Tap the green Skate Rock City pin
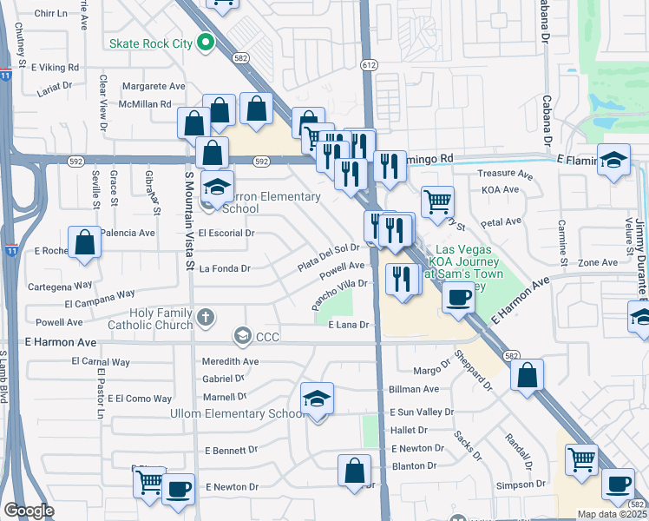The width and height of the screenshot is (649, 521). [x=205, y=42]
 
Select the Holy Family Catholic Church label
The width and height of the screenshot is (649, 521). [x=161, y=319]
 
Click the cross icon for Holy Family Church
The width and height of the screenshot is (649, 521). [x=205, y=317]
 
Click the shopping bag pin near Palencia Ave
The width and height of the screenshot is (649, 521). [x=85, y=242]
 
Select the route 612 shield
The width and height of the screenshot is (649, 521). [x=370, y=65]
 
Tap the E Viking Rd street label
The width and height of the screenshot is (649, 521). [x=55, y=67]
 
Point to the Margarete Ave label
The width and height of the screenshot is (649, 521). [x=154, y=86]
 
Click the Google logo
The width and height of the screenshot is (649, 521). [x=29, y=510]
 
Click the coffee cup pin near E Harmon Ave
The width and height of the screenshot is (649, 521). [x=458, y=297]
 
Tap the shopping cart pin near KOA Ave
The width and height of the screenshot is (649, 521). [x=437, y=201]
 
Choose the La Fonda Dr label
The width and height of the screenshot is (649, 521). [x=225, y=268]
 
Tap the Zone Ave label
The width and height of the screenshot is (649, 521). [x=598, y=262]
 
